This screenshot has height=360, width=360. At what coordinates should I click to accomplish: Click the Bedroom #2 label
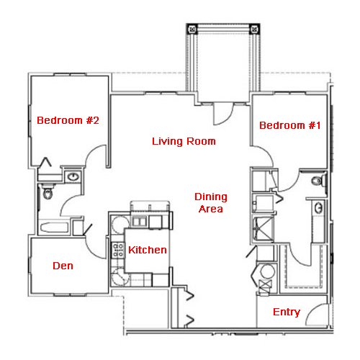(68, 120)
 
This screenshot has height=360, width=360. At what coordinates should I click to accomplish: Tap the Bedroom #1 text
(290, 125)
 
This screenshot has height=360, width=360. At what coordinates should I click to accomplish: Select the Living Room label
(184, 141)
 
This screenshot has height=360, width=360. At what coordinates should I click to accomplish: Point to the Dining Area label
(211, 203)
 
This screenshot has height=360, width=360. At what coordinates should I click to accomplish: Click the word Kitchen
(148, 250)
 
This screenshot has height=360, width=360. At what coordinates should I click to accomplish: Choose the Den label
(63, 266)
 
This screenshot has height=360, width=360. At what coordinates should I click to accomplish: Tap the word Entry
(287, 312)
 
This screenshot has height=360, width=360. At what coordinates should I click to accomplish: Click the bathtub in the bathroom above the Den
(54, 228)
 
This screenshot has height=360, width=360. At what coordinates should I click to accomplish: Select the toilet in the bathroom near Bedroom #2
(48, 192)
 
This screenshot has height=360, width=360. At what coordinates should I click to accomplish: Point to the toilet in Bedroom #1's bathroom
(318, 181)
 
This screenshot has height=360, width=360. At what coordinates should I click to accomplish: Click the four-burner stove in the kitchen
(118, 250)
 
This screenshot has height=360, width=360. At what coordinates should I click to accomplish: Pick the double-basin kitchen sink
(139, 221)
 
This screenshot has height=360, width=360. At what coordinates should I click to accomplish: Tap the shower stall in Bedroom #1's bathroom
(264, 228)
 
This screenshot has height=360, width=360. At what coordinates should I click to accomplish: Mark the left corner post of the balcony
(192, 30)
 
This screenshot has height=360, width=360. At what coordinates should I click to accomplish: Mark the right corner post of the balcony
(254, 30)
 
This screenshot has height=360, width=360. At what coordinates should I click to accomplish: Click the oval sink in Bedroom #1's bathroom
(318, 208)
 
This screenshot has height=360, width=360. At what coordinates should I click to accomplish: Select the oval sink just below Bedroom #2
(73, 177)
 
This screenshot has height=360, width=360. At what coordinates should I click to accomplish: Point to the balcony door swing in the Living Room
(229, 118)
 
